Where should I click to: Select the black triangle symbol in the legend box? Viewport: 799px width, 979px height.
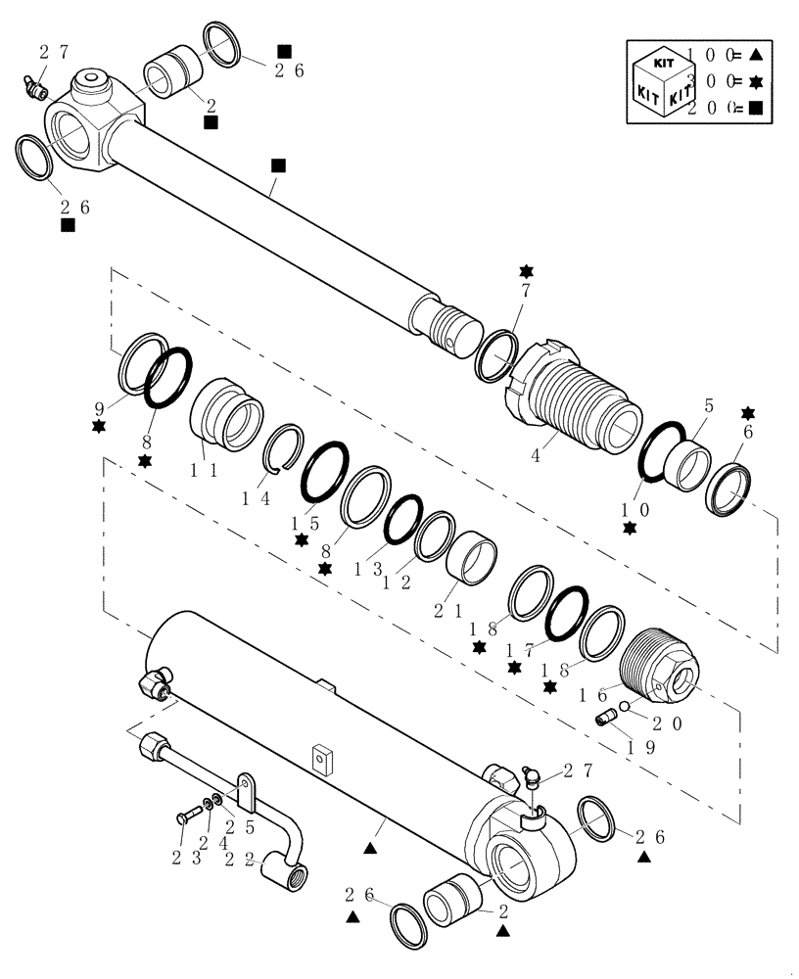click(758, 56)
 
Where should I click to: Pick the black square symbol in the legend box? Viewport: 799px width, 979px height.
click(755, 109)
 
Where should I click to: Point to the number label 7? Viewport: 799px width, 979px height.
click(526, 293)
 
